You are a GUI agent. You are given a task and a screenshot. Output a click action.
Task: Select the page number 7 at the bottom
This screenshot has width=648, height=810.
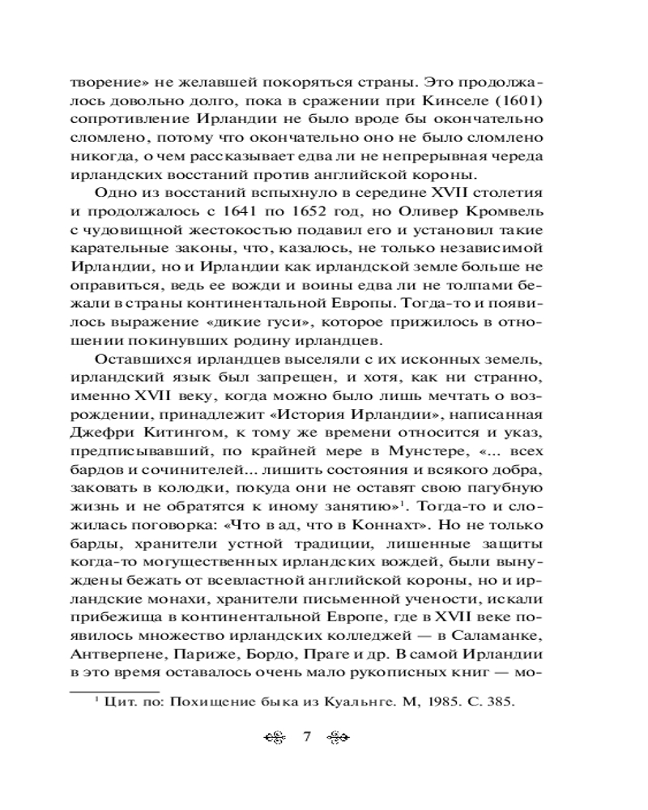[307, 737]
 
